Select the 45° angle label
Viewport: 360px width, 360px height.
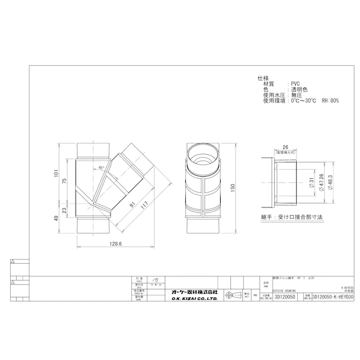pyautogui.click(x=101, y=167)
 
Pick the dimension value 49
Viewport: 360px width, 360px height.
pyautogui.click(x=58, y=218)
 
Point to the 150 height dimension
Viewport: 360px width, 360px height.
pyautogui.click(x=233, y=186)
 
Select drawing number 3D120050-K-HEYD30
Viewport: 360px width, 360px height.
pyautogui.click(x=333, y=297)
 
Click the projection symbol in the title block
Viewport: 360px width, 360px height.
pyautogui.click(x=230, y=295)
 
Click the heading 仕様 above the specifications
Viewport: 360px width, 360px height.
pyautogui.click(x=263, y=78)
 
